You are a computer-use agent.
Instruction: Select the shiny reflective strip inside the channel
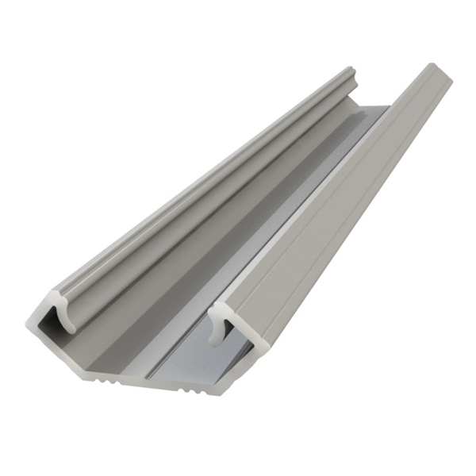click(x=262, y=262)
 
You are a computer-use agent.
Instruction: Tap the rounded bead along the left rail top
click(x=198, y=182)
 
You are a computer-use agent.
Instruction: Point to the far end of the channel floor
click(x=373, y=111)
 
